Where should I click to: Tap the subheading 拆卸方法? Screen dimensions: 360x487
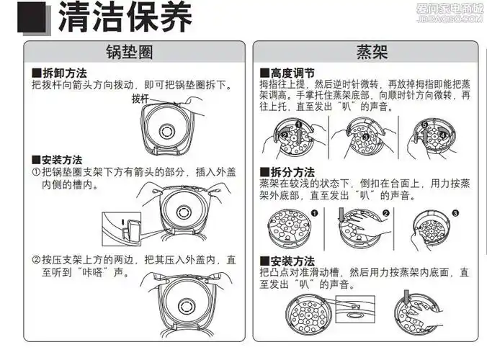coord(62,73)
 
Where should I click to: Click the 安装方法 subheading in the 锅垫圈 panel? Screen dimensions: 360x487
coord(62,159)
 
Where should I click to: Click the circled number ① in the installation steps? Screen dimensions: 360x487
coord(35,173)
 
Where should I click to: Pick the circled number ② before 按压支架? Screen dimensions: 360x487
coord(35,260)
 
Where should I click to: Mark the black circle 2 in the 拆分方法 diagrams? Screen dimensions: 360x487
coord(387,214)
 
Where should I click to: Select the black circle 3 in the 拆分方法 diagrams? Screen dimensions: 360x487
coord(455,214)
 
